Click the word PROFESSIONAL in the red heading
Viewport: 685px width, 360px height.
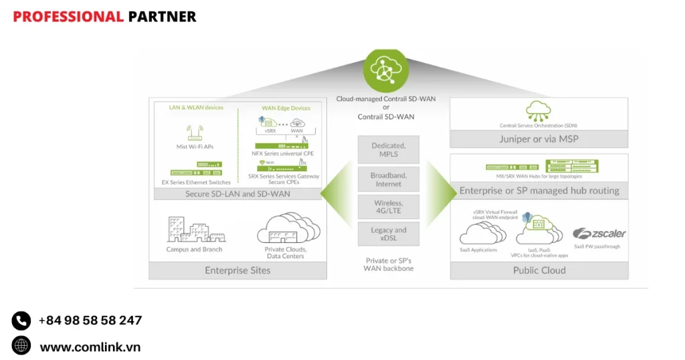68,17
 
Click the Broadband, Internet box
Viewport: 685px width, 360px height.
388,179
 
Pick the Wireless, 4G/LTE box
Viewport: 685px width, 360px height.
388,207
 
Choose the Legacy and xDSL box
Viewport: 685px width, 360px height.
388,234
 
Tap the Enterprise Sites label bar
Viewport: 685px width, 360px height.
237,270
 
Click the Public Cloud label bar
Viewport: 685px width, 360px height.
539,270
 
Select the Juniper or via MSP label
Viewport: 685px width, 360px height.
539,139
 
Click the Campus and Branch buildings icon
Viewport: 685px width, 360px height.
195,230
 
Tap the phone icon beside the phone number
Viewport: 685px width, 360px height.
21,321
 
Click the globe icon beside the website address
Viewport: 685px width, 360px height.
21,345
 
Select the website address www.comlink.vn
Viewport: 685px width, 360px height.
90,347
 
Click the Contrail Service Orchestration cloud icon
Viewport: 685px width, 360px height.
539,110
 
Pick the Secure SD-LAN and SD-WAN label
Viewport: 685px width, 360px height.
237,194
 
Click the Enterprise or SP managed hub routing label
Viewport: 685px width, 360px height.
539,191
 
